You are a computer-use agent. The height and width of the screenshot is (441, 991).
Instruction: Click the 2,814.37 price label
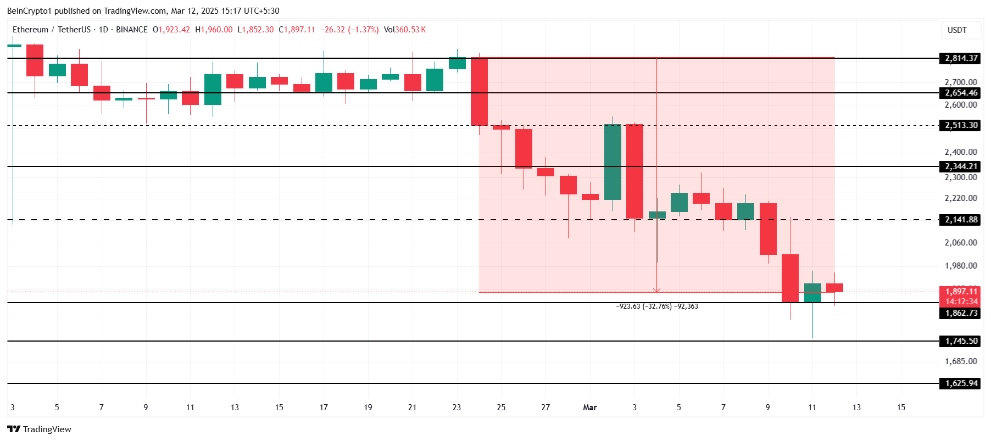pos(961,58)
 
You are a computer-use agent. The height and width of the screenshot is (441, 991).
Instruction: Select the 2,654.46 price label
pos(961,93)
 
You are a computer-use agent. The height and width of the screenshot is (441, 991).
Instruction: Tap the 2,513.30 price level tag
pos(961,125)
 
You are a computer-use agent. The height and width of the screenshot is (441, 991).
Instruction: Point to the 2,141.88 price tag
pos(961,220)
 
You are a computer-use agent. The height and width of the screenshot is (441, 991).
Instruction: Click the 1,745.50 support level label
pos(961,341)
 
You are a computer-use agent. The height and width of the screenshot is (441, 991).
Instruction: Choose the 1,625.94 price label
pos(961,383)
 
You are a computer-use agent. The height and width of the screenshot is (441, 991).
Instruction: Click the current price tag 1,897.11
pos(961,292)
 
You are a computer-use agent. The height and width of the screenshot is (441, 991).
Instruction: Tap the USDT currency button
pos(957,30)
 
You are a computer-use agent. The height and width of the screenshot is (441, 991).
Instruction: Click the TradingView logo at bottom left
pos(39,429)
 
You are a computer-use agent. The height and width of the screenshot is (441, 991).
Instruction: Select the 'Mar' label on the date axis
pos(589,407)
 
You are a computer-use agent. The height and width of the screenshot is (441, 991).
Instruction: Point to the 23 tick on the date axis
pos(456,407)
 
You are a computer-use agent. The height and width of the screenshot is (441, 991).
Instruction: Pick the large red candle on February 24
pos(479,92)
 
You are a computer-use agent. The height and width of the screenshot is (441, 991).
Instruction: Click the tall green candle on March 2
pos(613,162)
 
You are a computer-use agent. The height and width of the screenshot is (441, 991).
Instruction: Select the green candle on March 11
pos(812,293)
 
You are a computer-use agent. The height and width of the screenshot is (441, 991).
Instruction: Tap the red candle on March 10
pos(790,278)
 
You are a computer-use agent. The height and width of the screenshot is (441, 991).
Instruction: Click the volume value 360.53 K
pos(410,30)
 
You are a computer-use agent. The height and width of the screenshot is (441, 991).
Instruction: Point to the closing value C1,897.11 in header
pos(297,30)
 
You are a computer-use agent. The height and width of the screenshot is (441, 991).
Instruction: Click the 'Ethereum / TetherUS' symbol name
pos(51,30)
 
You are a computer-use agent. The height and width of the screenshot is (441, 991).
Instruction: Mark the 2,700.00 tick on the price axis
pos(961,82)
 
